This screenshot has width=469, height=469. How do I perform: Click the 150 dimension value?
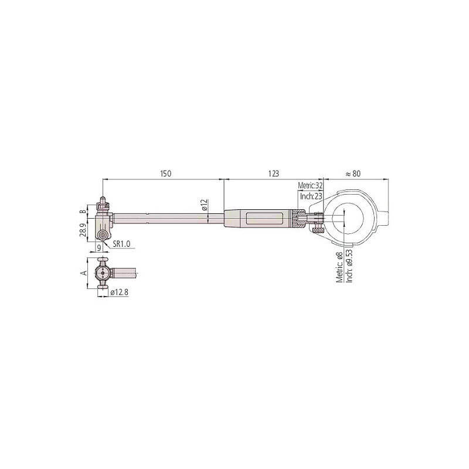tap(166, 174)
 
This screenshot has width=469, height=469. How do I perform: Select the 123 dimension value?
tap(273, 174)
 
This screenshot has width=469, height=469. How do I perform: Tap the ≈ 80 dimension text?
tap(354, 174)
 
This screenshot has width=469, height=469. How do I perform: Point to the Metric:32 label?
tap(311, 185)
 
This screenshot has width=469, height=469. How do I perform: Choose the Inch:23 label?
tap(311, 196)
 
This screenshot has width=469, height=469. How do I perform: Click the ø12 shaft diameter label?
tap(204, 205)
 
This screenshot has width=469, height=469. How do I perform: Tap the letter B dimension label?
tap(83, 212)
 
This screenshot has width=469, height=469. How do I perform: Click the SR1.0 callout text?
tap(121, 244)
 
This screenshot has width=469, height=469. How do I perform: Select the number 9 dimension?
tap(98, 247)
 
